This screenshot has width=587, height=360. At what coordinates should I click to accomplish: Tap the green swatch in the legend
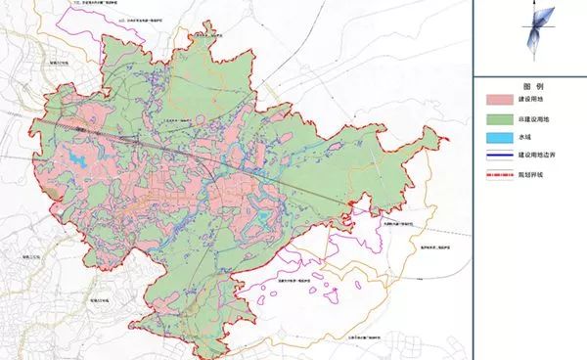point(504,120)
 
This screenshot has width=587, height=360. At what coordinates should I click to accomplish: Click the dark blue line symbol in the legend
point(504,157)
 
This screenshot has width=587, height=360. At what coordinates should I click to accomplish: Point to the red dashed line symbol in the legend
point(504,174)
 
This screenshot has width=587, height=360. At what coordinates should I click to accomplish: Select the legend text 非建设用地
point(552,121)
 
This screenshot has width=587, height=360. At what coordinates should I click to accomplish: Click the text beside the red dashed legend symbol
point(548,175)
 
